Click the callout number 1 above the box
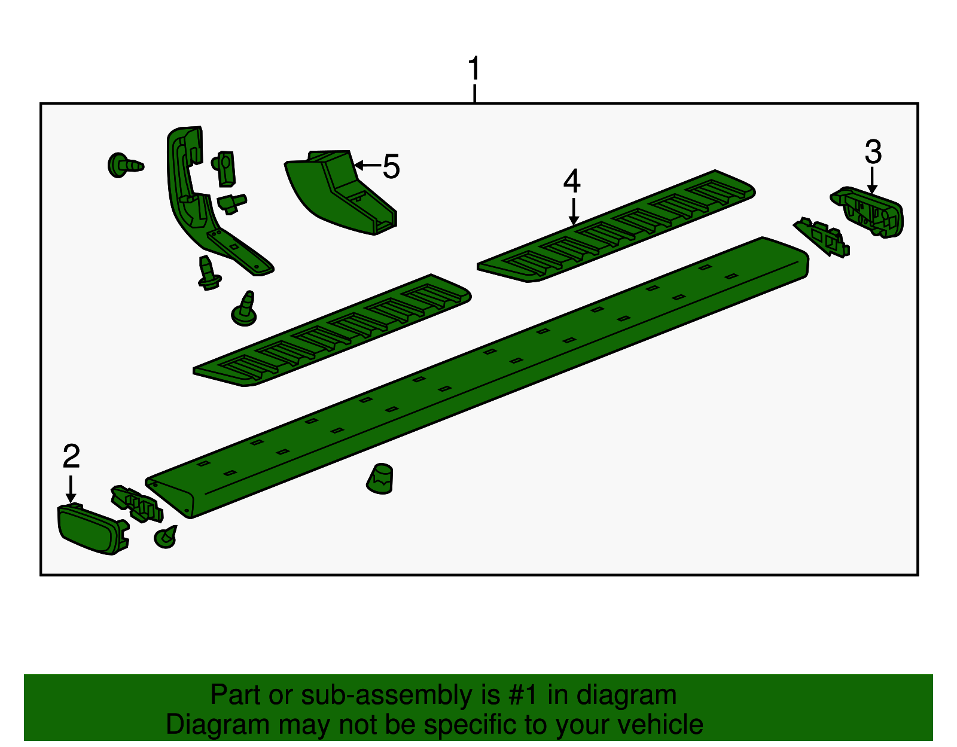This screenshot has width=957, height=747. [474, 69]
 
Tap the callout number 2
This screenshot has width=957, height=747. [71, 457]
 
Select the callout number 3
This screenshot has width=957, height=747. [873, 153]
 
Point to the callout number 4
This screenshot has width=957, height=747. [572, 181]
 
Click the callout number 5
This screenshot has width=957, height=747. [391, 167]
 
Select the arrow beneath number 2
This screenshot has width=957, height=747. [71, 489]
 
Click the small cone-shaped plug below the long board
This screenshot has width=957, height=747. [380, 478]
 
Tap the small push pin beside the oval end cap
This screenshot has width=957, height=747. [166, 537]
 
